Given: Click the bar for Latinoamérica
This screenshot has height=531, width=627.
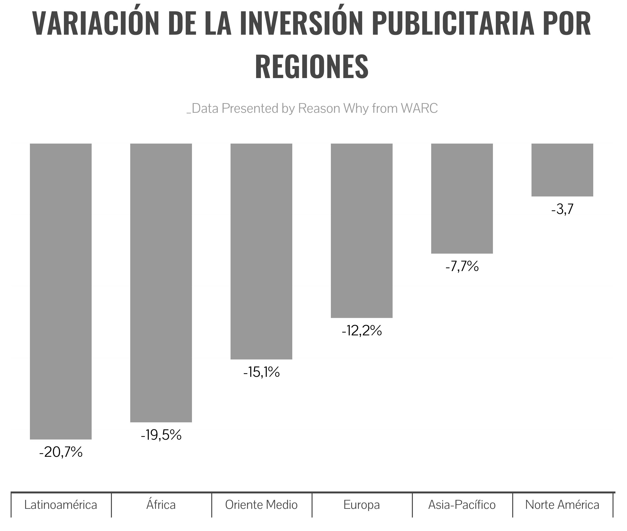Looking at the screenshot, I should coord(61,291).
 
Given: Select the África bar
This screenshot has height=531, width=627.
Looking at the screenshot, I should coord(161,283).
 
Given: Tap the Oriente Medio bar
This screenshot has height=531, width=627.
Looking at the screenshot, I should coord(261,251).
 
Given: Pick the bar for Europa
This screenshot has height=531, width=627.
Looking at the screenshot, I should coord(361,231).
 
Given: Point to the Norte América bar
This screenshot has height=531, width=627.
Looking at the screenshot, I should coord(562,170).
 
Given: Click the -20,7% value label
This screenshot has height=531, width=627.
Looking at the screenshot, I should coord(61,452).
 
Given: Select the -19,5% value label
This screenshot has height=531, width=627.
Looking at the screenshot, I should coord(161,435).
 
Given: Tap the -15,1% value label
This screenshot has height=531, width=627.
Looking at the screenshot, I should coord(261,372).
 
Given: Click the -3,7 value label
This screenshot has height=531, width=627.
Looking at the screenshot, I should coord(562,209).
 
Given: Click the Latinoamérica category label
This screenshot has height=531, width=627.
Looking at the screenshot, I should coord(61,505).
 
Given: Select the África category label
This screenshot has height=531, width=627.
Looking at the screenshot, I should coord(161,505).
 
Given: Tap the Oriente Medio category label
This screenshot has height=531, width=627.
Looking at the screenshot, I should coord(261,505).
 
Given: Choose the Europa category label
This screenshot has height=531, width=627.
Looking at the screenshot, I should coord(361,505).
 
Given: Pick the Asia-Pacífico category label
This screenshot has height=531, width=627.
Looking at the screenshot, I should coord(462,505).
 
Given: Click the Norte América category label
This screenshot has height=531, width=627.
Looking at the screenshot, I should coord(562,505).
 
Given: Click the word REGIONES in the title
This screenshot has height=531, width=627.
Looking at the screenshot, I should coord(312,66).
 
